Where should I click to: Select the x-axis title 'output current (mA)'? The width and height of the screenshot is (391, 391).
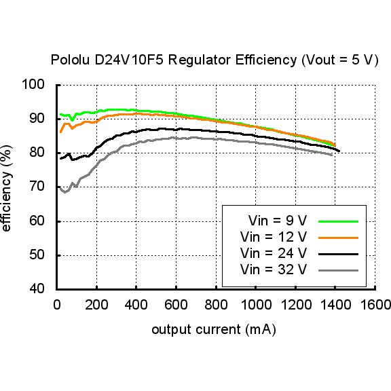pos(213,330)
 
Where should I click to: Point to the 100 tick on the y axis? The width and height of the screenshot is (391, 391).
pos(33,85)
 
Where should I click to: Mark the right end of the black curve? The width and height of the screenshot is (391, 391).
pos(339,151)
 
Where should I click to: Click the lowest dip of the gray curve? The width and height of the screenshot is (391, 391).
pos(64,192)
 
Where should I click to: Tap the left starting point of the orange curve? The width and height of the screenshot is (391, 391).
pos(60,132)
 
